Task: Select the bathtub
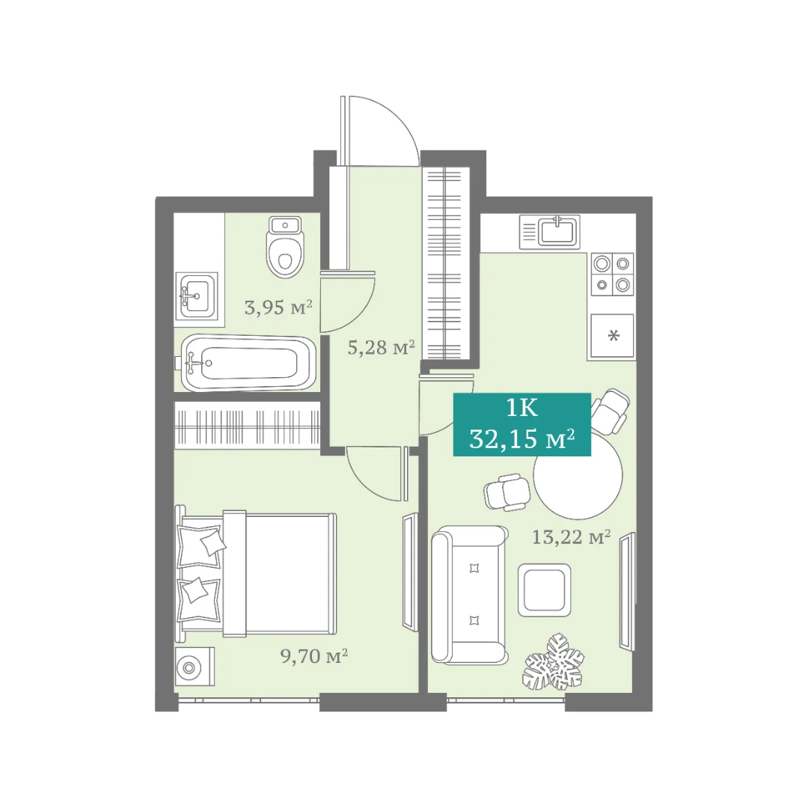245,363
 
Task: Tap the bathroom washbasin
196,296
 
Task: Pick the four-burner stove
612,274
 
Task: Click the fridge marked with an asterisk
612,336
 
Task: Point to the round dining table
578,475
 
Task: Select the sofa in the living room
469,594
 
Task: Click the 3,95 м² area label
278,307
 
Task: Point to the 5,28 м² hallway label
382,348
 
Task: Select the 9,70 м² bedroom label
314,656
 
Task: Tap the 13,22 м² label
571,537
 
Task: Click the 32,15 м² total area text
522,440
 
